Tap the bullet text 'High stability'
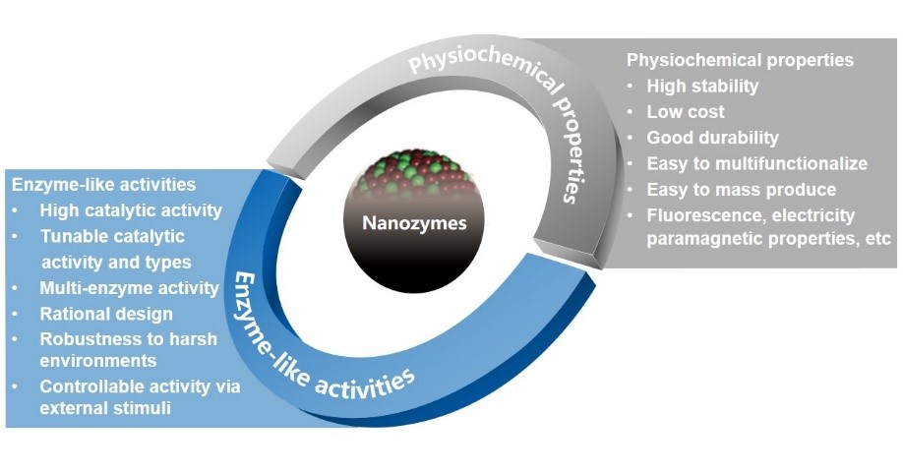pyautogui.click(x=701, y=86)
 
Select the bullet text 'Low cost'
pyautogui.click(x=685, y=111)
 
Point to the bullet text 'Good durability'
pyautogui.click(x=712, y=138)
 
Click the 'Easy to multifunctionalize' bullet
pyautogui.click(x=756, y=163)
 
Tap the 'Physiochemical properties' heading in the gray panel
pyautogui.click(x=740, y=60)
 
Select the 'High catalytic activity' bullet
pyautogui.click(x=131, y=210)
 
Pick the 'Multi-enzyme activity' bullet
pyautogui.click(x=129, y=288)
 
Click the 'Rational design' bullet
pyautogui.click(x=106, y=314)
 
